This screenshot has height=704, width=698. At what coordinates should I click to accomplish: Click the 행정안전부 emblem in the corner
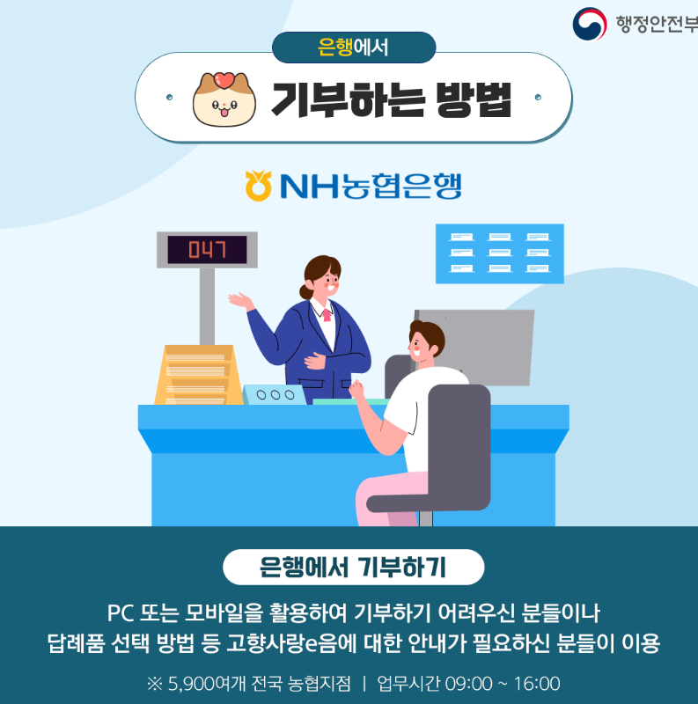point(589,24)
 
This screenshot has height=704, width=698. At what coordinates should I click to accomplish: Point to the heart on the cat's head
point(224,78)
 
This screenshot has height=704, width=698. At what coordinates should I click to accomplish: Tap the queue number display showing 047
point(206,250)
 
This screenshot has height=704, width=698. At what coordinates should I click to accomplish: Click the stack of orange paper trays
point(195,374)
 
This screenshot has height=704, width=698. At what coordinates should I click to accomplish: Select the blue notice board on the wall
point(499,253)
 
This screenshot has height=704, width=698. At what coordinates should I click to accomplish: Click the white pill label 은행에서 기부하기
point(353,567)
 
